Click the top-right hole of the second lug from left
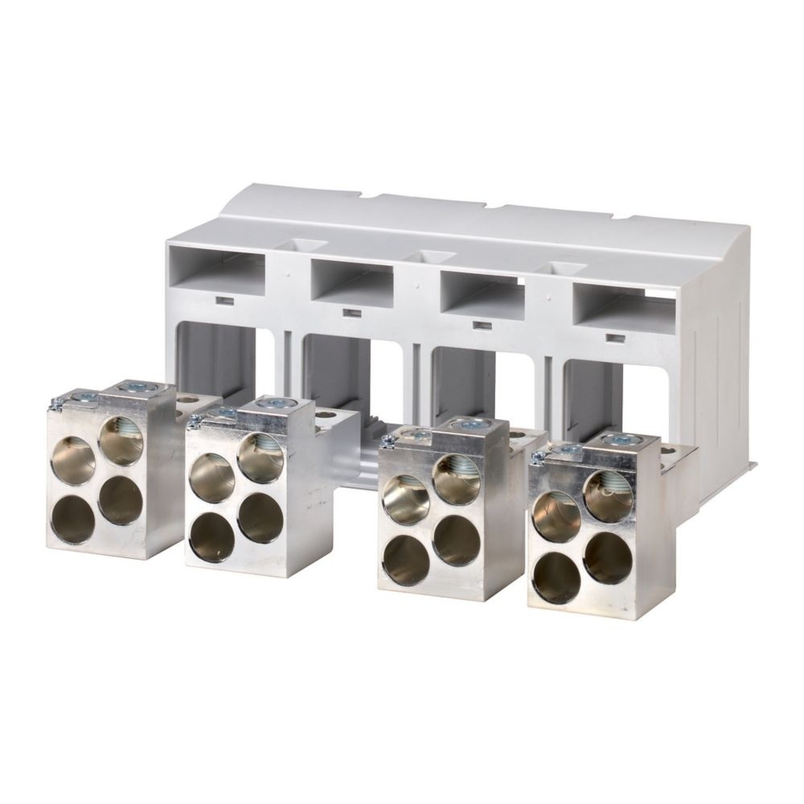[260, 457]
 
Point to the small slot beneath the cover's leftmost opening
[226, 300]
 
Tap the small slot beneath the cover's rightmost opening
[616, 337]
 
